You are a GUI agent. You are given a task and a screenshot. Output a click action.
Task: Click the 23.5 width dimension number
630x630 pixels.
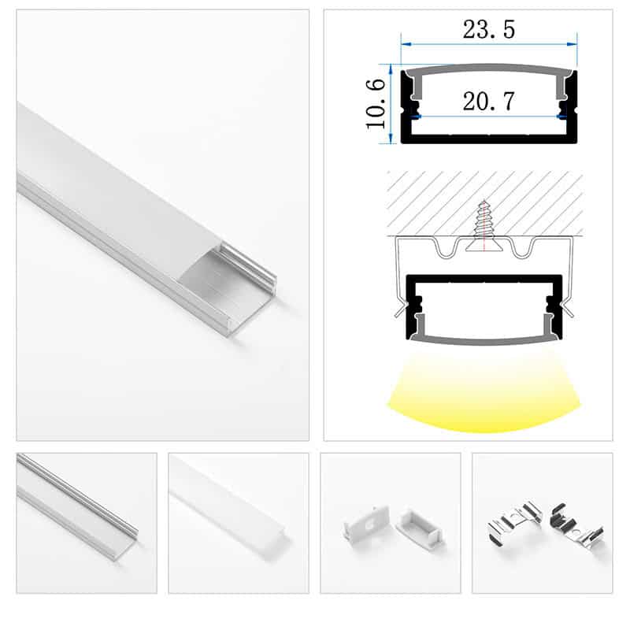[x=488, y=30]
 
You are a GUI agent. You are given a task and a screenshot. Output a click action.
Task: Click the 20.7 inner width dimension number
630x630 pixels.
[x=488, y=101]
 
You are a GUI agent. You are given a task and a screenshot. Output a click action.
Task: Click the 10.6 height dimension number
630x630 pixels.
[x=376, y=104]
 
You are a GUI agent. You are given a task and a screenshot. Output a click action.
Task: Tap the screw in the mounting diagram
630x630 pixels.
[x=484, y=226]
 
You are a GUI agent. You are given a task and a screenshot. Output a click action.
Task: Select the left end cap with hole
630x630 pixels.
[x=366, y=522]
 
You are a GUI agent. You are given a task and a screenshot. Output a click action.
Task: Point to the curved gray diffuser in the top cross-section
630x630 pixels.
[x=488, y=69]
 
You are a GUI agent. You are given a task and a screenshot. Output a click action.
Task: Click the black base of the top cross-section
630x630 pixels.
[x=488, y=139]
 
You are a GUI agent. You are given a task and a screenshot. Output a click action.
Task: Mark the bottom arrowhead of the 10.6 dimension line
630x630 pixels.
[x=391, y=139]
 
